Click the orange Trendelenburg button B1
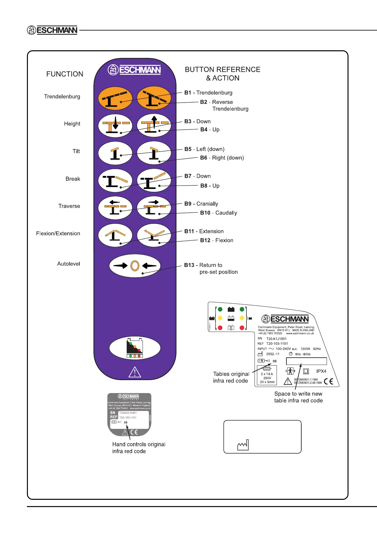tap(115, 98)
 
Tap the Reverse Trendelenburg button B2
tap(154, 98)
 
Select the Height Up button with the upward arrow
tap(154, 126)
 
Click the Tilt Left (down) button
tap(115, 153)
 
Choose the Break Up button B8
tap(154, 181)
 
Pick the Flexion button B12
tap(154, 235)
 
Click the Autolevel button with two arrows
tap(135, 266)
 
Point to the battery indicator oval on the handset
tap(135, 348)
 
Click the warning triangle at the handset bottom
tap(135, 372)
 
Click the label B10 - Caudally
tap(218, 213)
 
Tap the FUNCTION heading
tap(65, 74)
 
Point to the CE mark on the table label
tap(329, 381)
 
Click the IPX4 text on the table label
tap(321, 371)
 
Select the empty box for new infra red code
tap(306, 361)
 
